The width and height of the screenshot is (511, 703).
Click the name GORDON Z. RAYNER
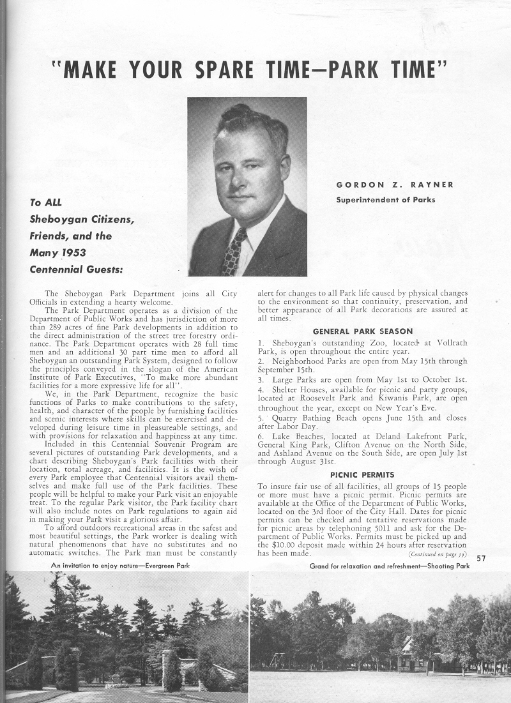[x=395, y=185]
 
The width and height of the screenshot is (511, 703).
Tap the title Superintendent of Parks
[x=386, y=200]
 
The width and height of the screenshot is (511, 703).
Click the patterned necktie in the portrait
[x=234, y=252]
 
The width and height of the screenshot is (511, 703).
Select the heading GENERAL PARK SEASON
[x=362, y=331]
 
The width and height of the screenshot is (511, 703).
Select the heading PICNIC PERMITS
[x=362, y=475]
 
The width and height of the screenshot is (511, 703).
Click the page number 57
[x=482, y=559]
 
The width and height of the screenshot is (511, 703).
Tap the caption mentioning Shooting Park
[x=389, y=566]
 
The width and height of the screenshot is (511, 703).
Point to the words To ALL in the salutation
[x=44, y=203]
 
